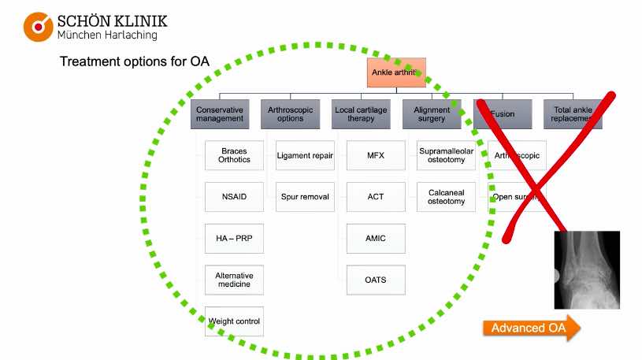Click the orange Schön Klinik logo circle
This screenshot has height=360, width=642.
pyautogui.click(x=37, y=26)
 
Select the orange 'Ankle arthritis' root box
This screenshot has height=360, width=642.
pyautogui.click(x=396, y=72)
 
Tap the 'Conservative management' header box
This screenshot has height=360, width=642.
pyautogui.click(x=220, y=114)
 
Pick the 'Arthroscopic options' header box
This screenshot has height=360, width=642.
pyautogui.click(x=291, y=114)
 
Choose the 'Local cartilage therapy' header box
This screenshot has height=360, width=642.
pyautogui.click(x=360, y=114)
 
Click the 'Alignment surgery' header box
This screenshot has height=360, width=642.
pyautogui.click(x=432, y=114)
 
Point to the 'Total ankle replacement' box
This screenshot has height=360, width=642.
pyautogui.click(x=573, y=114)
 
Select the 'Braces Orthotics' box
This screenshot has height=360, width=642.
pyautogui.click(x=234, y=155)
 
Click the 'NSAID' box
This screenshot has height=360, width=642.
pyautogui.click(x=234, y=196)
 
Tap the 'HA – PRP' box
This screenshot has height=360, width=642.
pyautogui.click(x=234, y=238)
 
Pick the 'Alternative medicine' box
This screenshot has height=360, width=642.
pyautogui.click(x=234, y=280)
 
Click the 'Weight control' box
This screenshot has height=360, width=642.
pyautogui.click(x=234, y=321)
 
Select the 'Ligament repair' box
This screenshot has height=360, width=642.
pyautogui.click(x=305, y=155)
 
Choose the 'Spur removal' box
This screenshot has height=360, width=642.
pyautogui.click(x=305, y=196)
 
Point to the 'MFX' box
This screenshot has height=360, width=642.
pyautogui.click(x=376, y=155)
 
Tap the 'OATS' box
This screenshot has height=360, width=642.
pyautogui.click(x=376, y=280)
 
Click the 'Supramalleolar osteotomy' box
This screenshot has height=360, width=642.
pyautogui.click(x=447, y=155)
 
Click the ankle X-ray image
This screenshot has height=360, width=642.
pyautogui.click(x=587, y=269)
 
